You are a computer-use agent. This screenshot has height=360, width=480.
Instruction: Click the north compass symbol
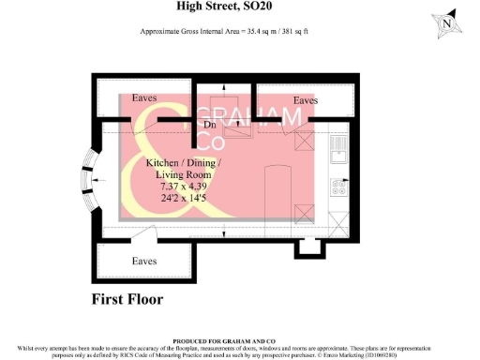click(x=447, y=23)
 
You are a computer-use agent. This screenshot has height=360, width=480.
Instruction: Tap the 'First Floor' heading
click(x=127, y=300)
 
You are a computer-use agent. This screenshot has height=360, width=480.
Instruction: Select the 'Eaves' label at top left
click(x=143, y=97)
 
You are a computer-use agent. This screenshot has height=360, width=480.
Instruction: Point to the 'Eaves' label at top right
click(x=306, y=99)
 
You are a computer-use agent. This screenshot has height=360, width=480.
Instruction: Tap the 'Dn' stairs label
click(x=208, y=124)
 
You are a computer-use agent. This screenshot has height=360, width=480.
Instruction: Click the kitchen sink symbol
click(x=339, y=150)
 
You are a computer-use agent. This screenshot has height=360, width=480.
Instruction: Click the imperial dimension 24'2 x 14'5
click(x=177, y=200)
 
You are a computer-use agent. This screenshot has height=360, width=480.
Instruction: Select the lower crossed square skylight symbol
click(x=304, y=211)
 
